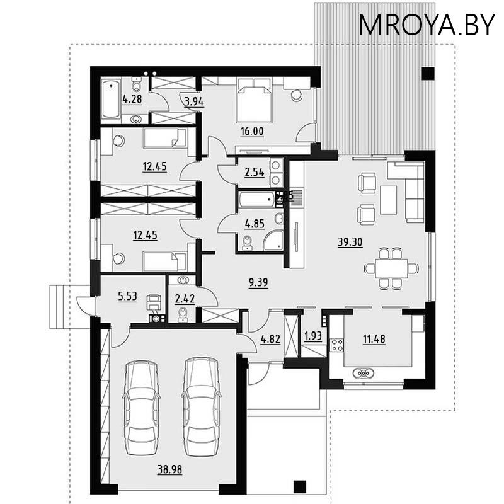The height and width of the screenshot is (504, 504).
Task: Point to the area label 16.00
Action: pos(252,132)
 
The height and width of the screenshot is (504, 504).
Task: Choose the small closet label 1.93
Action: pos(313,336)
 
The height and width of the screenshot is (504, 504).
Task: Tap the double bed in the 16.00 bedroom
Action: pos(253,100)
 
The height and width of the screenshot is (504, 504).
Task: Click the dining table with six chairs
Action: pos(391,268)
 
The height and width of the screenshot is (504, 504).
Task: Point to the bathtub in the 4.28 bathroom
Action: pos(112,99)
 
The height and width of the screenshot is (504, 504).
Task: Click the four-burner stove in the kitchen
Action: pos(337,345)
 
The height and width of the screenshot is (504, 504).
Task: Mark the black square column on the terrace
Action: pos(427,73)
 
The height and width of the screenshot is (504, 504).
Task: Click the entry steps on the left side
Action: pos(62,306)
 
